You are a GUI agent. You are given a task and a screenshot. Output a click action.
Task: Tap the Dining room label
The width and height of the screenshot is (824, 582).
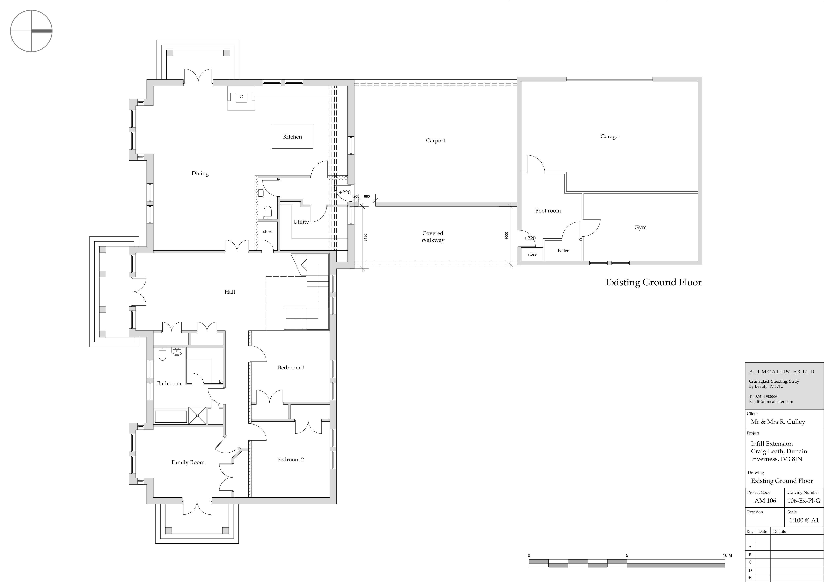(200, 174)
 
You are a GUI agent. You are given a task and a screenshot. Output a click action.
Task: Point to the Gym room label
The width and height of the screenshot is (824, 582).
(640, 227)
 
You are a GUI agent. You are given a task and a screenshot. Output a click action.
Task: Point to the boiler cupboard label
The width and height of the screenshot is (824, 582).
(563, 251)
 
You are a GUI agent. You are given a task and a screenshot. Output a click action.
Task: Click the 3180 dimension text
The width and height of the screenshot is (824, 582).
(365, 237)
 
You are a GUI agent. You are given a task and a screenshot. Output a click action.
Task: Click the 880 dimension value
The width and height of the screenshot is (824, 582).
(367, 197)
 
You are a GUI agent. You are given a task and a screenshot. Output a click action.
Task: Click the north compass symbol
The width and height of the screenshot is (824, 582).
(31, 31)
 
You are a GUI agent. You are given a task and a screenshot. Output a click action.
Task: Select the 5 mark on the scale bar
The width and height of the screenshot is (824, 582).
(627, 555)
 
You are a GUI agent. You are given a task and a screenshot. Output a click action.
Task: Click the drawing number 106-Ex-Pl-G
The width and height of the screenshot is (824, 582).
(803, 501)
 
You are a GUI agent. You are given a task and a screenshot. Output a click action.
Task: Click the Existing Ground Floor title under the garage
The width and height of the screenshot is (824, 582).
(653, 283)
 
